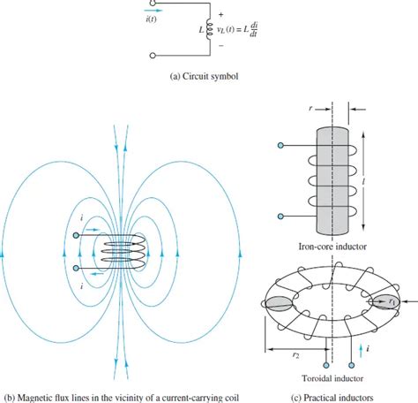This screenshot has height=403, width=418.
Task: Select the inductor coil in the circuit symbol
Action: (207, 32)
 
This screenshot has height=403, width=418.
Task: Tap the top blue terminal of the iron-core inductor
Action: (280, 146)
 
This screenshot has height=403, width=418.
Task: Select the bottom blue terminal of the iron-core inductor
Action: (280, 215)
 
